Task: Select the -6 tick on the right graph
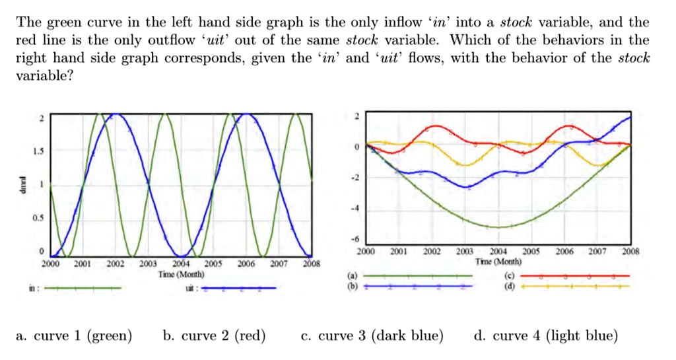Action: (356, 240)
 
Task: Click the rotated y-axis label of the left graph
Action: (22, 185)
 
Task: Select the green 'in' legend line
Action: (83, 288)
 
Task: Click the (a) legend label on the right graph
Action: (351, 276)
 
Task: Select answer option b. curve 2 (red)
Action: (214, 336)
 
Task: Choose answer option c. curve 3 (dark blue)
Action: (372, 336)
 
